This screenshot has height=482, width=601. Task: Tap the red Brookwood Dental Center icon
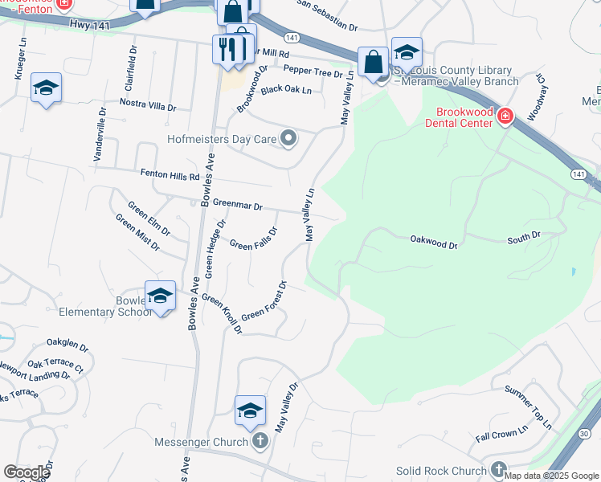pyautogui.click(x=505, y=117)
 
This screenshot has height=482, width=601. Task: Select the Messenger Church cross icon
pyautogui.click(x=260, y=441)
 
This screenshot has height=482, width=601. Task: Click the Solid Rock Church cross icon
pyautogui.click(x=498, y=470)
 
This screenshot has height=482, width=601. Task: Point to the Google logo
pyautogui.click(x=27, y=472)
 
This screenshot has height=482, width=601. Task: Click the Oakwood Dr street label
pyautogui.click(x=433, y=239)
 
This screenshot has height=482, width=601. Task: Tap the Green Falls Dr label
pyautogui.click(x=253, y=239)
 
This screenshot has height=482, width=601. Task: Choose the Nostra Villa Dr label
pyautogui.click(x=147, y=105)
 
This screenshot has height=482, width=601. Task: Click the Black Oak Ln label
pyautogui.click(x=286, y=90)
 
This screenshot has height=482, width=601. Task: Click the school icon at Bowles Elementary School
pyautogui.click(x=160, y=297)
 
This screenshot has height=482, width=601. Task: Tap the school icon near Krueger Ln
pyautogui.click(x=46, y=88)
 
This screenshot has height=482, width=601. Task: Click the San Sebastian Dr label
pyautogui.click(x=327, y=16)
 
